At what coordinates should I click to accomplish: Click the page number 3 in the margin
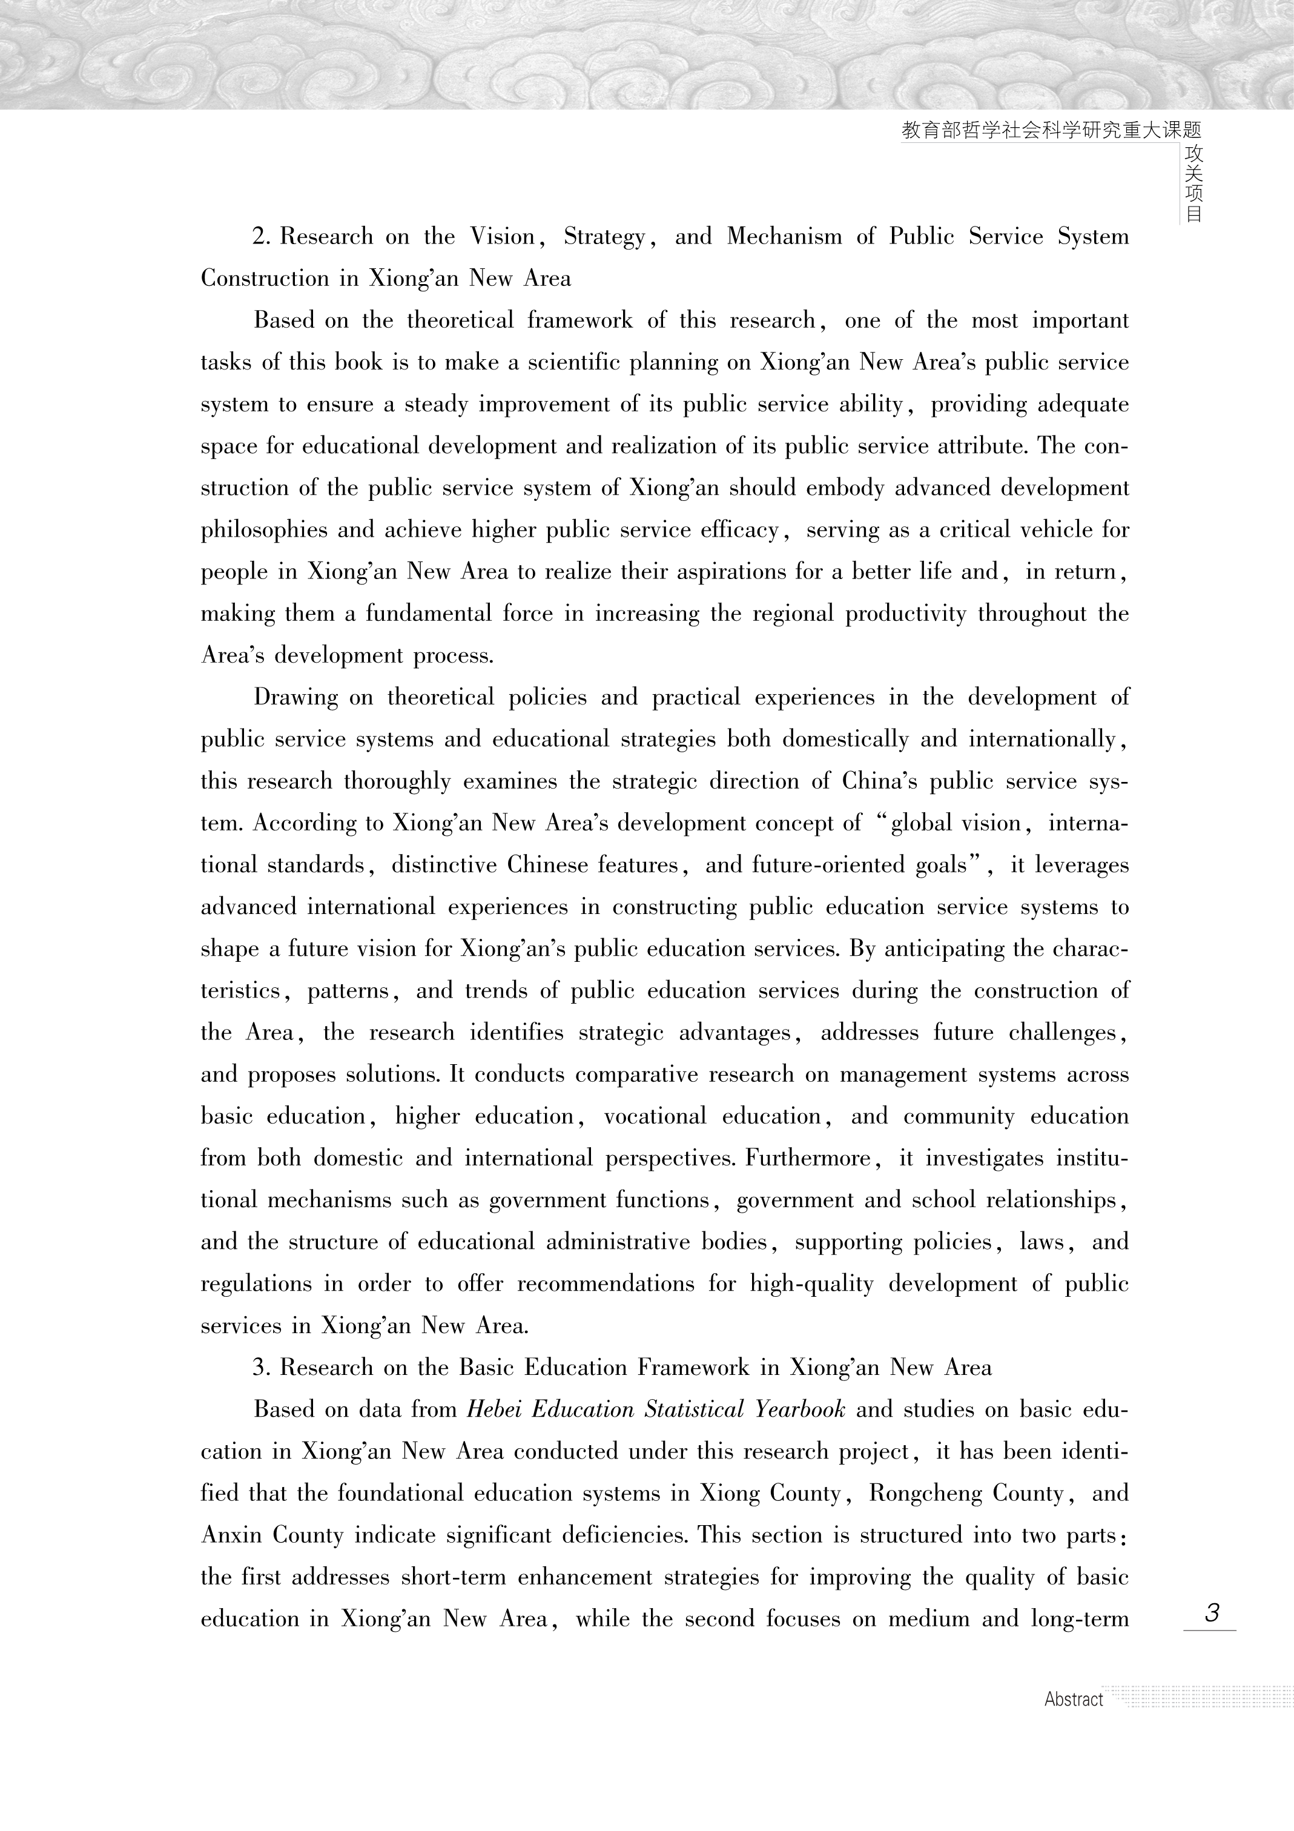[1211, 1612]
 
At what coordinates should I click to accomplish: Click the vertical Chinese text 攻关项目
[1193, 184]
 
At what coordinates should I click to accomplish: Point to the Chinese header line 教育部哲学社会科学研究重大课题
[1051, 131]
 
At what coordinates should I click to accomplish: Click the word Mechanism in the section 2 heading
[784, 237]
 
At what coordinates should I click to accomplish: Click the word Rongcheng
[924, 1494]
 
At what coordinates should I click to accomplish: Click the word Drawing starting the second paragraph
[294, 698]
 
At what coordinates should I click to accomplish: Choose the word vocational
[655, 1116]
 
